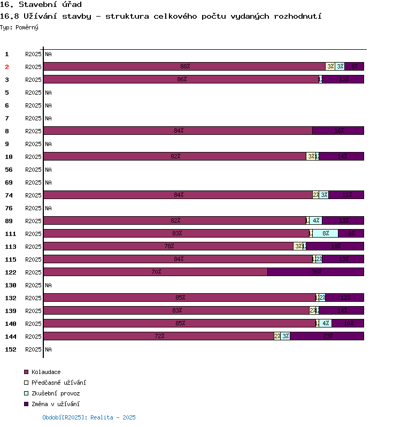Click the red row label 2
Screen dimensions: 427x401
7,67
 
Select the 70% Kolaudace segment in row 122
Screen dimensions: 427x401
156,272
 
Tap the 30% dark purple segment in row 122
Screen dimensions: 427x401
315,272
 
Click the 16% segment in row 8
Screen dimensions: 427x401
338,131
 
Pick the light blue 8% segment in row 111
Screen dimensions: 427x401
325,233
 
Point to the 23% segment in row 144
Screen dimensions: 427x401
327,336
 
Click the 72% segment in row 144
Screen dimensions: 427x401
159,336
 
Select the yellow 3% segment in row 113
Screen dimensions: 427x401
298,246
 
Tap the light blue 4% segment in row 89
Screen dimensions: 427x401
315,220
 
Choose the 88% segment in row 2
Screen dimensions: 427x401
184,66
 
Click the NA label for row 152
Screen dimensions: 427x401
48,349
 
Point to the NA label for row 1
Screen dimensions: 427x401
48,54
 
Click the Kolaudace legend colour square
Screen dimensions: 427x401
26,372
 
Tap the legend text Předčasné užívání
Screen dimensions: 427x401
58,383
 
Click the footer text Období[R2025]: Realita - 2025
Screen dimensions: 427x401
89,417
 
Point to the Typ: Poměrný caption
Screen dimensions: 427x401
19,27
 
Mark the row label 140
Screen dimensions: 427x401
10,324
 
